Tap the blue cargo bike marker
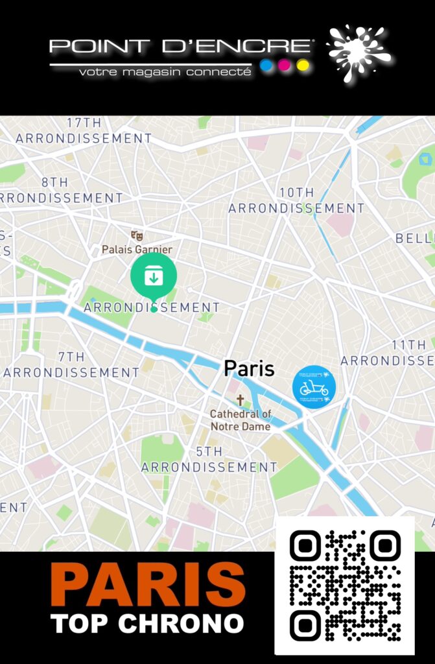click(x=314, y=388)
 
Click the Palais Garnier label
click(x=137, y=249)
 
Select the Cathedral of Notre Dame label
click(x=241, y=420)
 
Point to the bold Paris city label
click(x=249, y=369)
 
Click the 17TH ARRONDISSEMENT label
click(x=84, y=130)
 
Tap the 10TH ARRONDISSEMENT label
click(x=296, y=200)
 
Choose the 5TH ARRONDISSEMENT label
click(x=209, y=459)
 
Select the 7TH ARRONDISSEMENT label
click(x=71, y=365)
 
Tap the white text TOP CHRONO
click(x=147, y=624)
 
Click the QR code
click(x=345, y=586)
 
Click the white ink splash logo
click(x=359, y=52)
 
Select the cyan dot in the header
click(x=265, y=65)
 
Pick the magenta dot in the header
click(x=284, y=65)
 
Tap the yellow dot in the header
click(x=303, y=65)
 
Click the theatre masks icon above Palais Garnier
click(x=136, y=235)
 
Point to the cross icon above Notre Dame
click(x=240, y=400)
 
